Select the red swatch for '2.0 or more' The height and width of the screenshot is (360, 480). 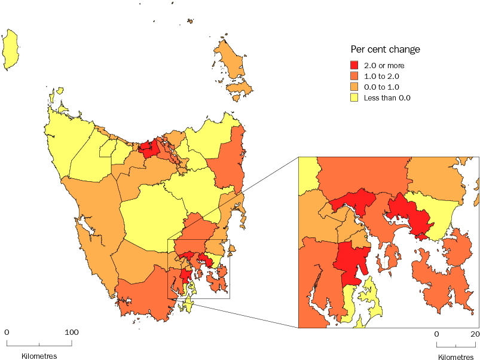pyautogui.click(x=354, y=65)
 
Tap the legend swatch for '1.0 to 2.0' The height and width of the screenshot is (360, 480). pyautogui.click(x=354, y=76)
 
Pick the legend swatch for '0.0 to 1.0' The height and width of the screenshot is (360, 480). pyautogui.click(x=354, y=87)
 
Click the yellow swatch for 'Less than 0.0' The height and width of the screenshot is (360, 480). pyautogui.click(x=354, y=97)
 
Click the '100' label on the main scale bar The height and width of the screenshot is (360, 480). pyautogui.click(x=72, y=332)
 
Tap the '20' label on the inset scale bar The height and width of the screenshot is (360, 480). pyautogui.click(x=475, y=334)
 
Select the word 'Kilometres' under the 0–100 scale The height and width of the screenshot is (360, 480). pyautogui.click(x=39, y=356)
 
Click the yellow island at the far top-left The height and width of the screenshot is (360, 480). pyautogui.click(x=10, y=51)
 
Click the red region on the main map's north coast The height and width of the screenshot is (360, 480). pyautogui.click(x=152, y=148)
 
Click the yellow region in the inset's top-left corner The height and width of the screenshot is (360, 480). pyautogui.click(x=307, y=173)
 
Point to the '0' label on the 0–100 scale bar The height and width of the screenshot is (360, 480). pyautogui.click(x=7, y=332)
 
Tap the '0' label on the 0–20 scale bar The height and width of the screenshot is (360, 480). pyautogui.click(x=436, y=334)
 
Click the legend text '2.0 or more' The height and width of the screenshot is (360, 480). pyautogui.click(x=384, y=65)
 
